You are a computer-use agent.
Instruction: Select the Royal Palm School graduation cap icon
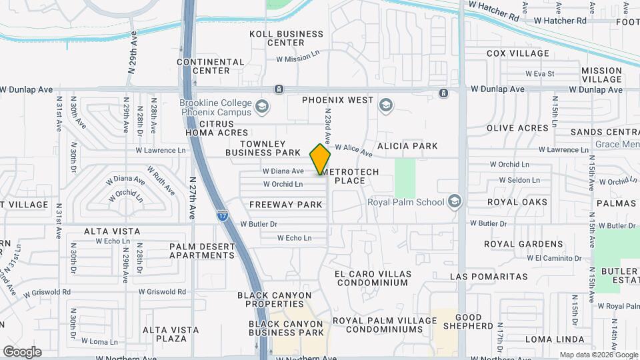pos(455,201)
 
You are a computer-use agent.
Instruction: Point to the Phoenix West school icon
pos(385,105)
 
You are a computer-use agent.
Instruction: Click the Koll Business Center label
pos(286,38)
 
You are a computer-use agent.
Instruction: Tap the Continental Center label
pos(211,66)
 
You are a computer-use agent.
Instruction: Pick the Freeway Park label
pos(286,205)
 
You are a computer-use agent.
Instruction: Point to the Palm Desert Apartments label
pos(202,250)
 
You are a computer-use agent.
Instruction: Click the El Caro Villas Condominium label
pos(371,278)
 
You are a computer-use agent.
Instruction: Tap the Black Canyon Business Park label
pos(286,328)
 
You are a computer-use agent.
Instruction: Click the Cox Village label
pos(518,53)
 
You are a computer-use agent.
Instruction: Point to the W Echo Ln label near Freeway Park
pos(295,238)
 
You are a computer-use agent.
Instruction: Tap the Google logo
pos(22,352)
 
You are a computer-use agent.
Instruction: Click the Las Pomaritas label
pos(489,276)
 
